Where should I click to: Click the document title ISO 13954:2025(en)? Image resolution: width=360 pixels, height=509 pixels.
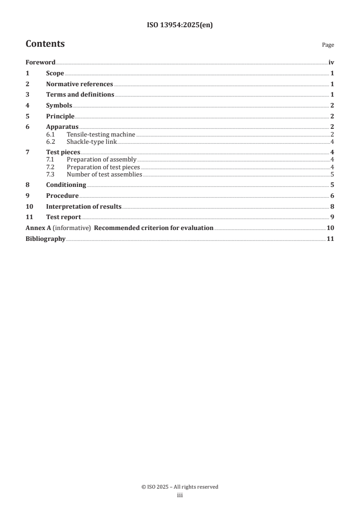click(x=180, y=25)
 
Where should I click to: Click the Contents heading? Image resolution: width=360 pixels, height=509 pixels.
click(x=45, y=44)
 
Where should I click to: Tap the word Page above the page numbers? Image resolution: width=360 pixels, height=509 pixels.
click(x=328, y=45)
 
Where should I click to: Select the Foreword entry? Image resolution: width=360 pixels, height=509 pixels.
click(x=40, y=63)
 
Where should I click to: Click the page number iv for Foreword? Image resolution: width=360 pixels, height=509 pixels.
click(x=331, y=63)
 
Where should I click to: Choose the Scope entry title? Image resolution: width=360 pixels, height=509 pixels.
click(x=55, y=73)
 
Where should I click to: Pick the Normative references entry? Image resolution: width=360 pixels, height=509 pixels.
click(x=79, y=84)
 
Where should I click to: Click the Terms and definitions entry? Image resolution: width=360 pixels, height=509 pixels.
click(x=80, y=95)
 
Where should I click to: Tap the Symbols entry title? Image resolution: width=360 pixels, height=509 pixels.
click(x=59, y=106)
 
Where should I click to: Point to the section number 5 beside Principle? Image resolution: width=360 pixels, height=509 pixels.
click(x=28, y=116)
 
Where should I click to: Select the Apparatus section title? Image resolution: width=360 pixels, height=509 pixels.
click(x=62, y=127)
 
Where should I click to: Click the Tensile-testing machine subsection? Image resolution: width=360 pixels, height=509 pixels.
click(x=101, y=134)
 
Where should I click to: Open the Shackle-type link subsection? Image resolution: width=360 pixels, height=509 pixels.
click(x=92, y=142)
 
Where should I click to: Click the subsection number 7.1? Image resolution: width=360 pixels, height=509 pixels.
click(x=50, y=159)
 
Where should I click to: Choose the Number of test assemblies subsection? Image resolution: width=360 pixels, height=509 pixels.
click(x=104, y=174)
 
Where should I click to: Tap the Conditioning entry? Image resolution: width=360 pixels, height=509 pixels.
click(x=66, y=185)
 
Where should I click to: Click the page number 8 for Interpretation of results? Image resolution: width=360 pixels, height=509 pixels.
click(x=332, y=206)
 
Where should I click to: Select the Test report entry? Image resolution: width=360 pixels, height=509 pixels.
click(x=64, y=217)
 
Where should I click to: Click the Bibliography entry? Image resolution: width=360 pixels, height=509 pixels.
click(x=45, y=239)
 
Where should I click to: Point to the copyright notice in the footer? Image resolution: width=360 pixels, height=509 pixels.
click(x=180, y=487)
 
